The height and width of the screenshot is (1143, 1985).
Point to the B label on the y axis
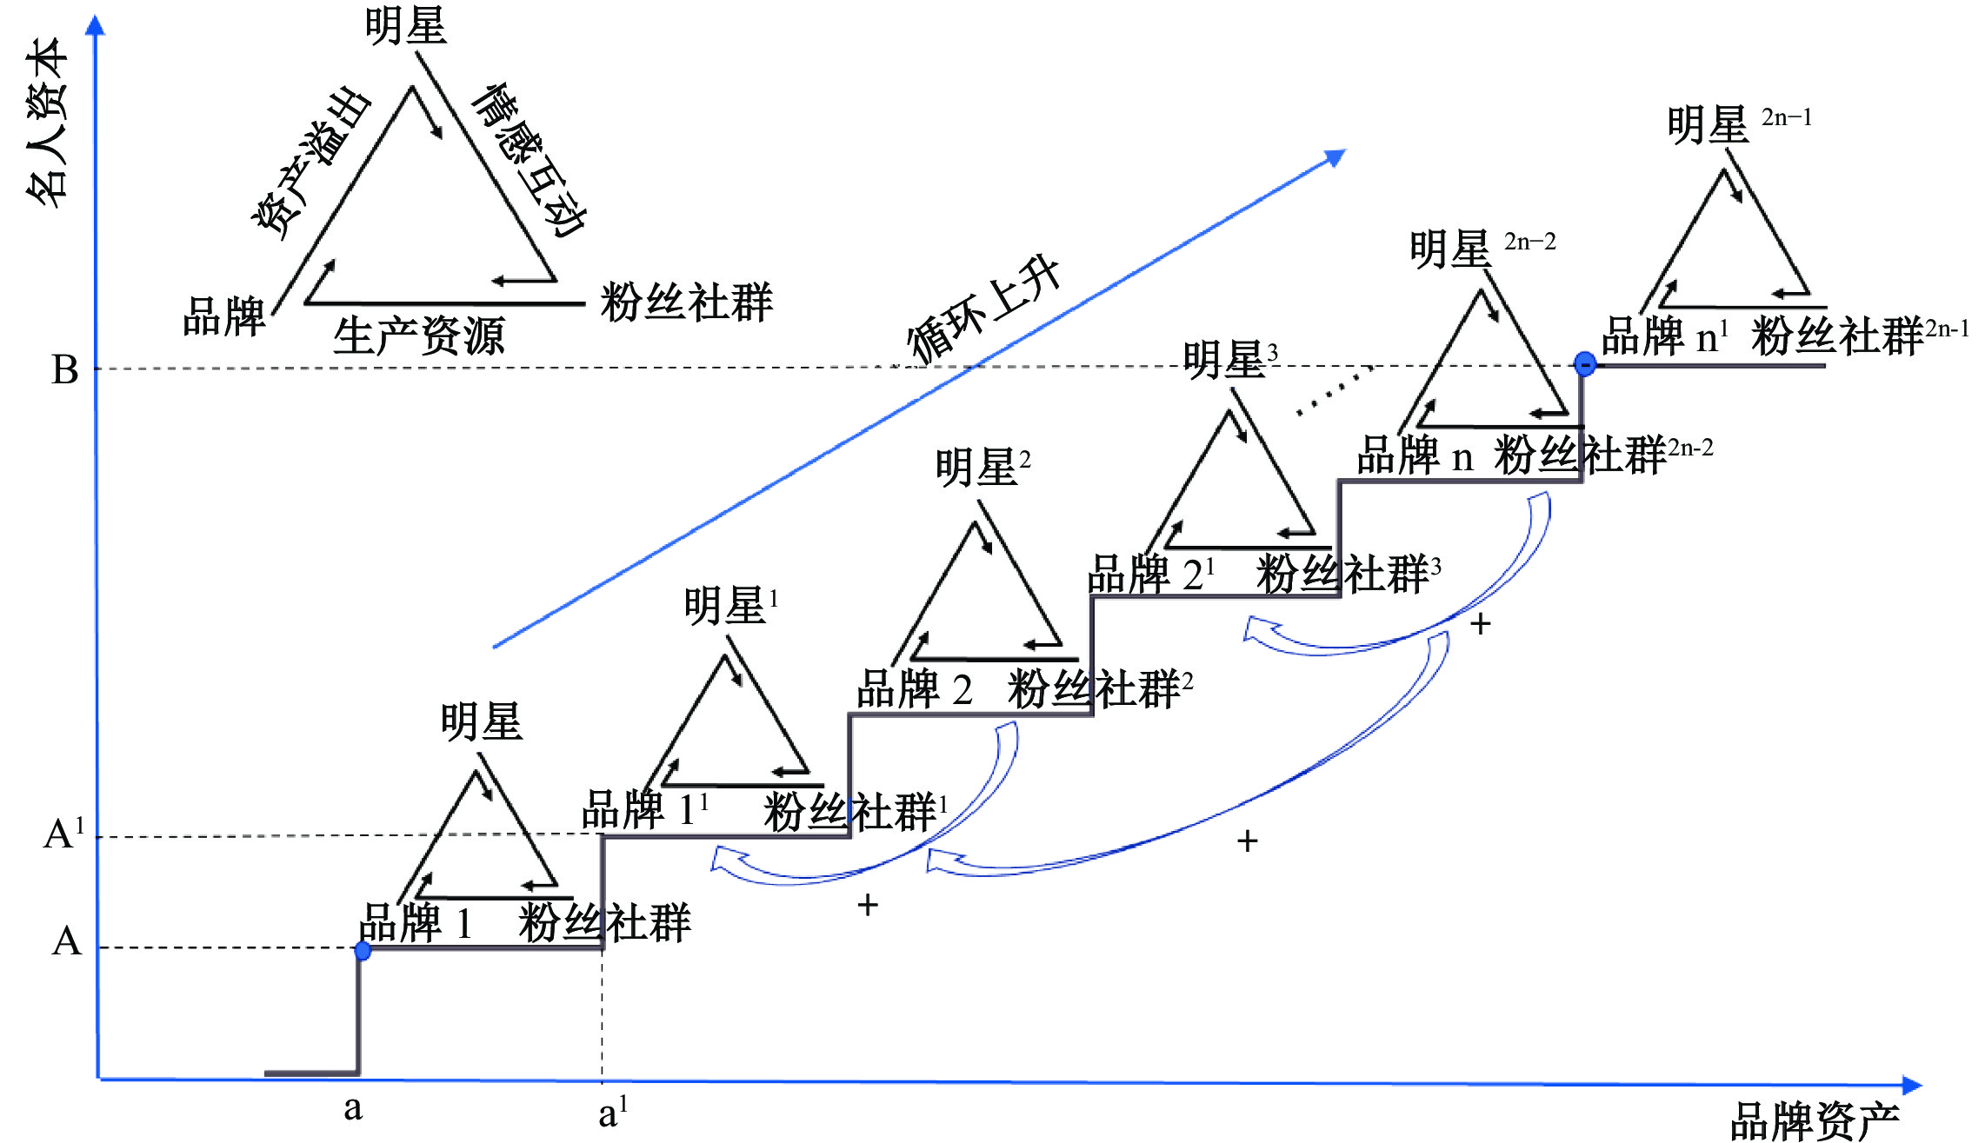pyautogui.click(x=65, y=369)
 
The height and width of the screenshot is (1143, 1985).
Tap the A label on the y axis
pyautogui.click(x=66, y=941)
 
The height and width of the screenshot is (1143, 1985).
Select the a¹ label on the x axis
pyautogui.click(x=612, y=1113)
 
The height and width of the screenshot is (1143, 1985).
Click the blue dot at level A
pyautogui.click(x=363, y=951)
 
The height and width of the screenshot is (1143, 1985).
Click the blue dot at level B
pyautogui.click(x=1585, y=363)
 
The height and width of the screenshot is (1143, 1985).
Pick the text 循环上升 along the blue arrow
pyautogui.click(x=983, y=309)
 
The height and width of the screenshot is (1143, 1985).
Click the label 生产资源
pyautogui.click(x=418, y=336)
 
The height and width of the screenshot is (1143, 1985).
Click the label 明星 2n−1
pyautogui.click(x=1739, y=124)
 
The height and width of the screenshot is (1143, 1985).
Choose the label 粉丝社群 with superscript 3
pyautogui.click(x=1348, y=575)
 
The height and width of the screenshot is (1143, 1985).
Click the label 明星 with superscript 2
pyautogui.click(x=983, y=467)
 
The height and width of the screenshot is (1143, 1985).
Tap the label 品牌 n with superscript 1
pyautogui.click(x=1664, y=336)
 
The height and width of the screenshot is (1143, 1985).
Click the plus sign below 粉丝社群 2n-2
pyautogui.click(x=1480, y=623)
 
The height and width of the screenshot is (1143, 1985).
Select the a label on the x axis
pyautogui.click(x=352, y=1108)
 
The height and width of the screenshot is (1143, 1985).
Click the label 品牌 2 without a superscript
pyautogui.click(x=914, y=689)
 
